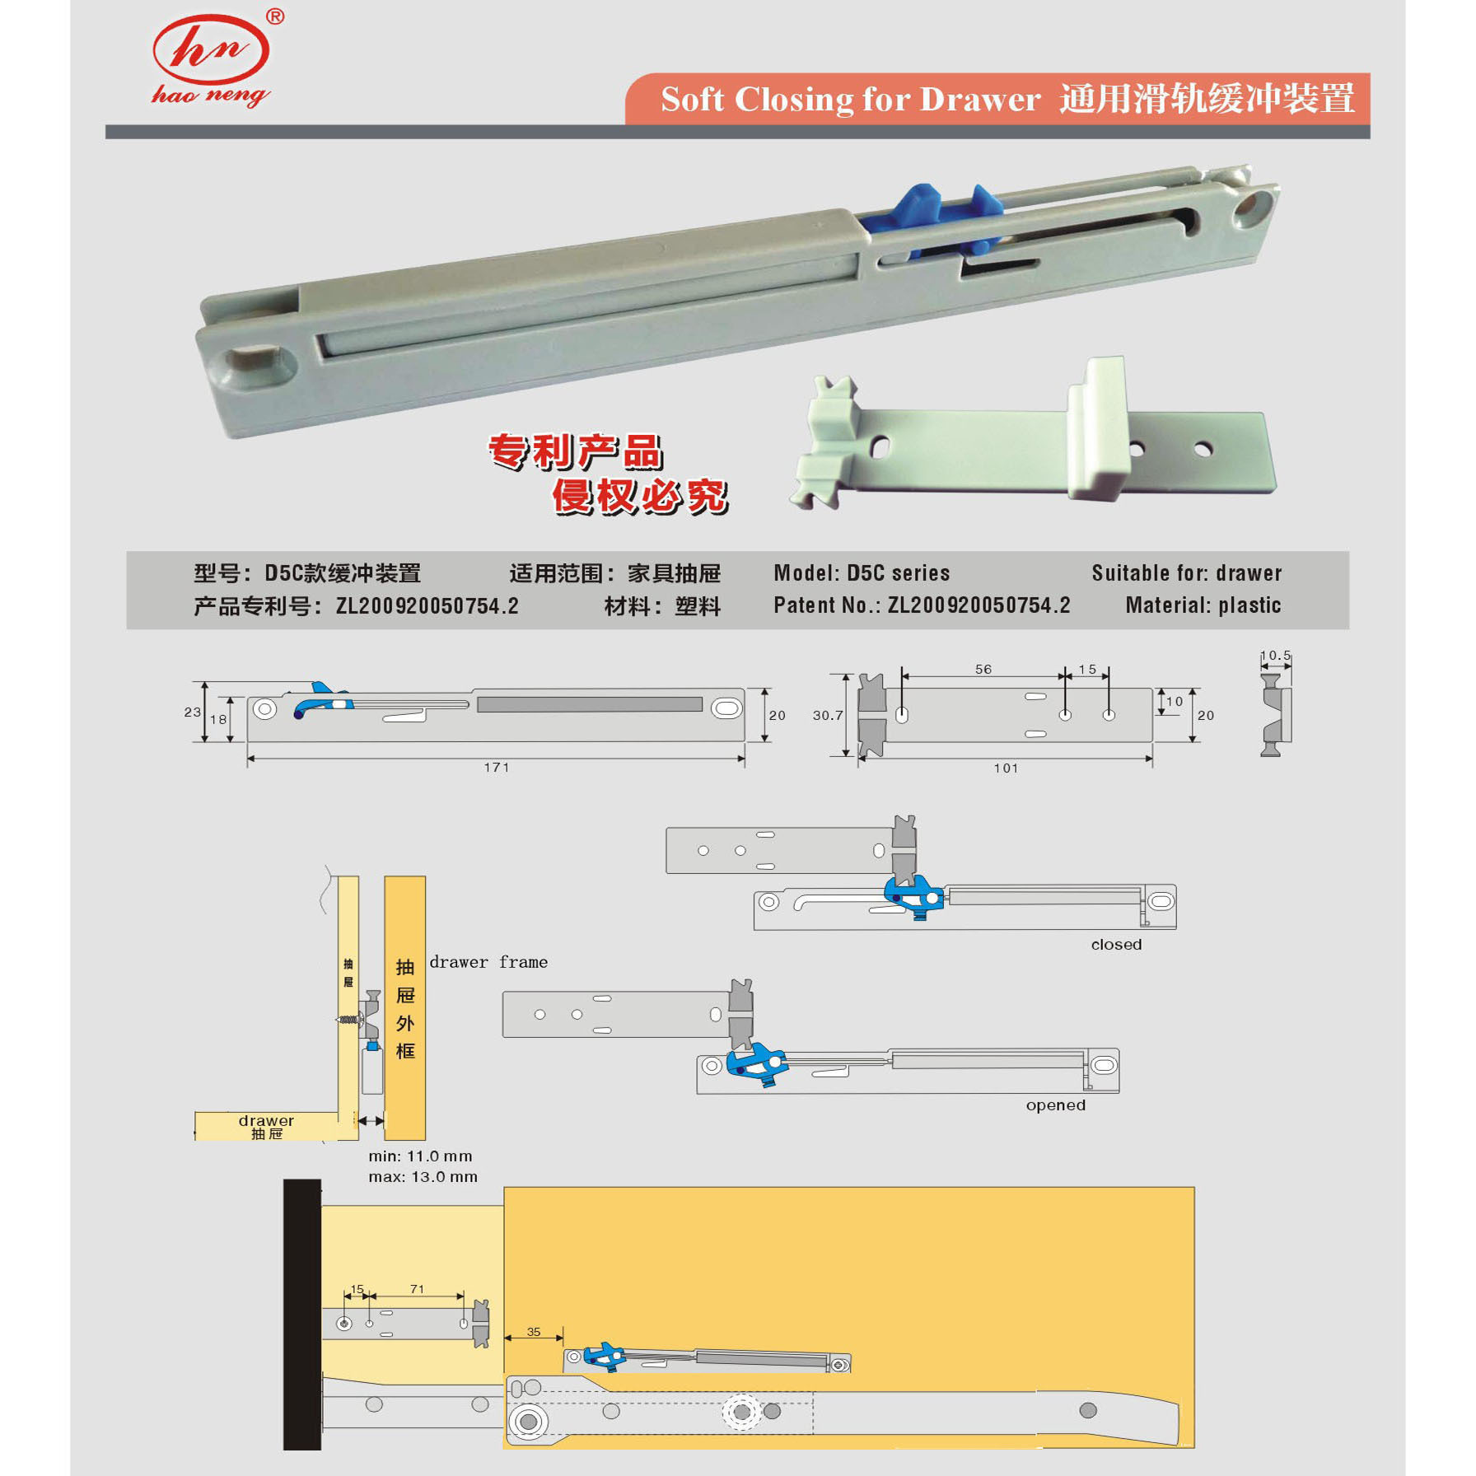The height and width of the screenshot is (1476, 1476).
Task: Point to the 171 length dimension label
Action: tap(496, 768)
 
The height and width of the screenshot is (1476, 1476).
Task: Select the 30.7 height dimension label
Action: tap(828, 715)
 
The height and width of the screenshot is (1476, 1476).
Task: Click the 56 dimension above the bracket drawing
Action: tap(983, 670)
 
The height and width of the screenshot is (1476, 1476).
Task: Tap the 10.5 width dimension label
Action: tap(1275, 656)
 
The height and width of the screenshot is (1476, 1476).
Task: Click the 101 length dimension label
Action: tap(1006, 768)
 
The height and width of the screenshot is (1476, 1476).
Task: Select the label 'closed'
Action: tap(1116, 945)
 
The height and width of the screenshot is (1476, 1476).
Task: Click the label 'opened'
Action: tap(1055, 1105)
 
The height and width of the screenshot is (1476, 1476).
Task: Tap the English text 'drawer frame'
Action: tap(488, 962)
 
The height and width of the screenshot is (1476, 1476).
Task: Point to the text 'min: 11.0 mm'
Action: tap(420, 1156)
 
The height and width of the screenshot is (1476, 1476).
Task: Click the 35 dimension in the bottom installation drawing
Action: tap(534, 1332)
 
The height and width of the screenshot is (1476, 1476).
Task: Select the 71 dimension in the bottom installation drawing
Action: tap(417, 1289)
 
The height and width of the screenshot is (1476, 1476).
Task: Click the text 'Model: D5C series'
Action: tap(862, 573)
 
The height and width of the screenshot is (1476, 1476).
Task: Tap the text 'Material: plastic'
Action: tap(1203, 605)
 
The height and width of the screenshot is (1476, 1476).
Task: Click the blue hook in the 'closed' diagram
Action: tap(913, 895)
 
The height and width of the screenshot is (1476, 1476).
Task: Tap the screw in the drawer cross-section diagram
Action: tap(349, 1020)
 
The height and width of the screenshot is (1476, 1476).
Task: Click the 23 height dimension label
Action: tap(192, 712)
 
